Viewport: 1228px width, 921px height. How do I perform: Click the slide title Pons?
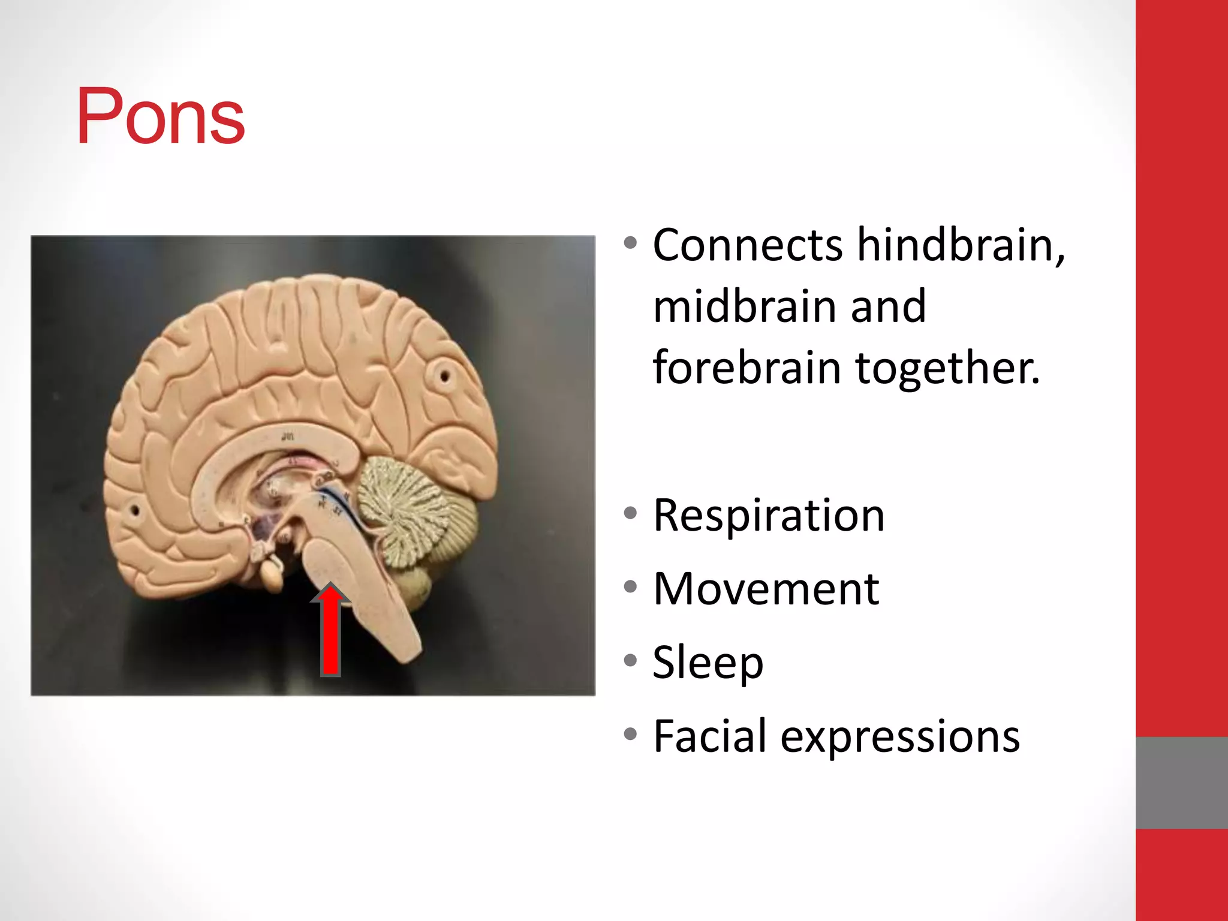point(161,116)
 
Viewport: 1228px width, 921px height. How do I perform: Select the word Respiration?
point(769,516)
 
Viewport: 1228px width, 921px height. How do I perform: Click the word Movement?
point(766,589)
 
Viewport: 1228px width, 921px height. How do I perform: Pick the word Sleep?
point(708,663)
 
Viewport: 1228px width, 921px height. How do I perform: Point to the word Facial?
point(709,736)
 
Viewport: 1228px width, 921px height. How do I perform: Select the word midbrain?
point(744,306)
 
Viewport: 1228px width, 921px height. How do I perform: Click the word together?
point(947,368)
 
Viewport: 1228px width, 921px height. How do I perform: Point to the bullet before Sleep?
point(630,660)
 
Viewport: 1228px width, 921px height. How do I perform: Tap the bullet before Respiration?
point(630,513)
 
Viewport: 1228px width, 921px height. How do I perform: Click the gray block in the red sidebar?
point(1181,782)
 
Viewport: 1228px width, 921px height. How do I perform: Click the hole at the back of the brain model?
point(445,377)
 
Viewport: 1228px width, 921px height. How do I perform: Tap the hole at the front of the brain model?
point(136,511)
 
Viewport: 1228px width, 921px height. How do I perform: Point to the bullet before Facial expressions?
point(630,733)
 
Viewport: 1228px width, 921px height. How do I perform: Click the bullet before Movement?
point(630,586)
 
